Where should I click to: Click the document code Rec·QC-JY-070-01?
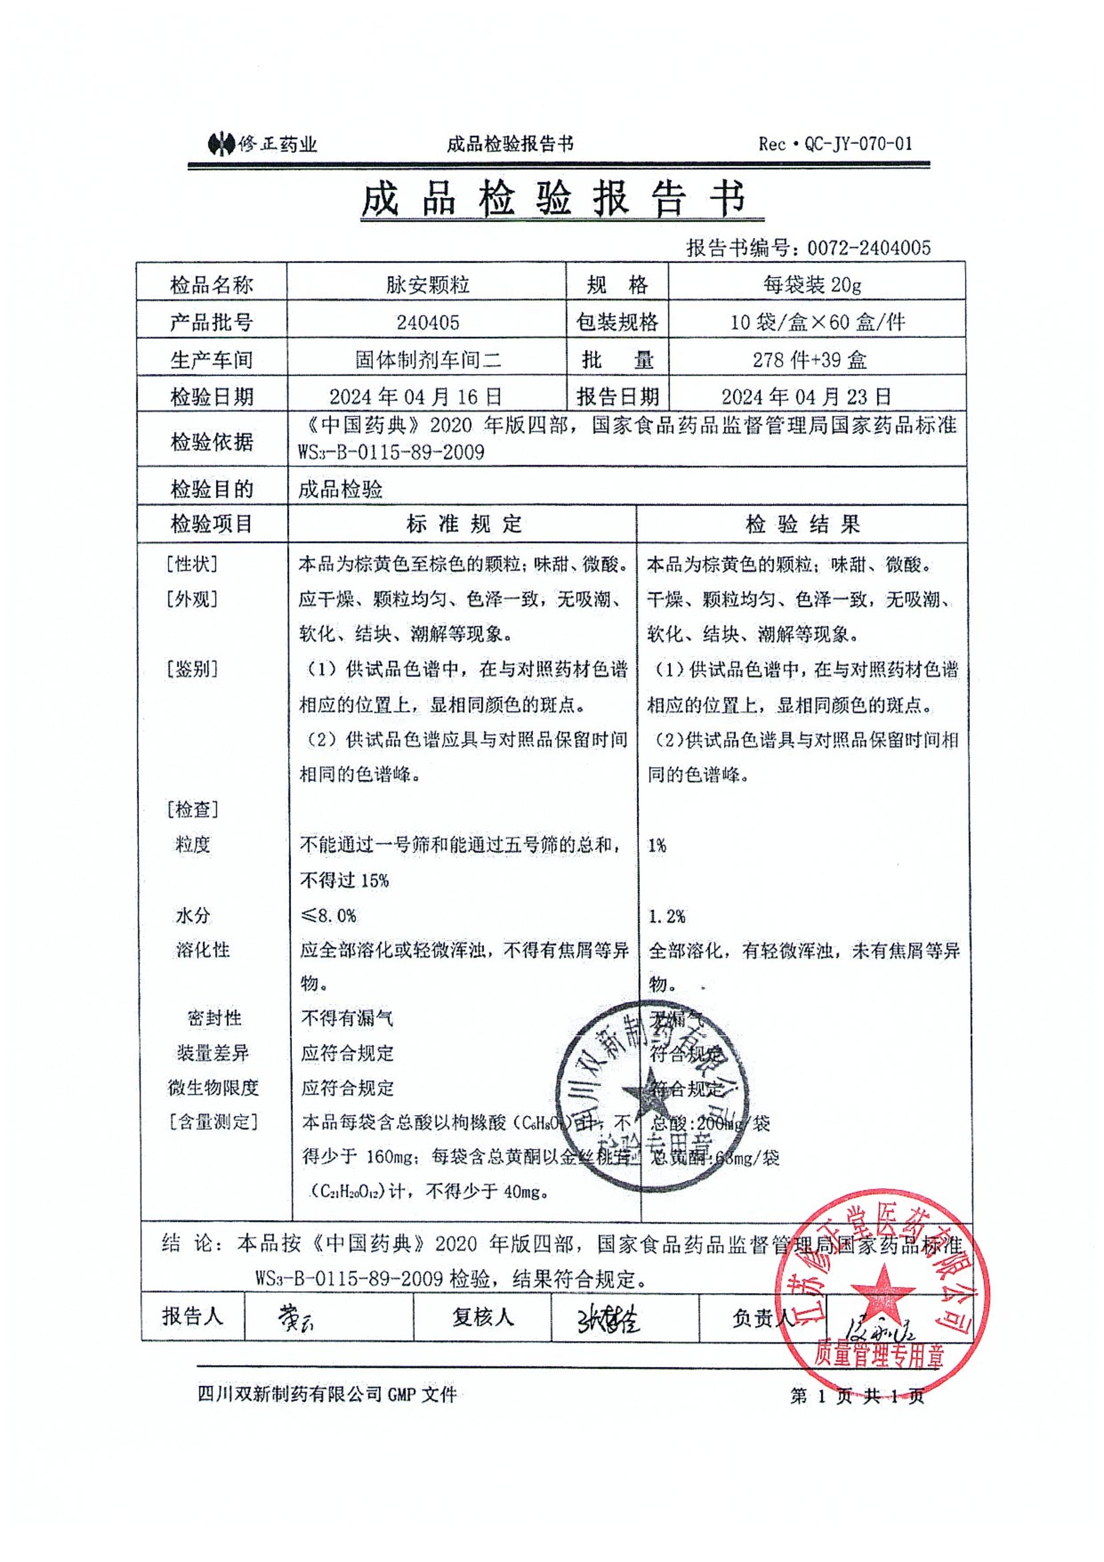835,143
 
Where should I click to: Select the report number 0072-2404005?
869,248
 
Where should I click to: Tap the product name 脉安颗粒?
427,285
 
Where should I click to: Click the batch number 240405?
427,322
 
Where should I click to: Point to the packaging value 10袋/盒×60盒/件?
817,322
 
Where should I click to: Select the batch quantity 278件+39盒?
809,359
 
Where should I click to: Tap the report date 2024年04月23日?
806,396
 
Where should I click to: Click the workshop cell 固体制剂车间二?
428,359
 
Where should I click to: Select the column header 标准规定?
464,524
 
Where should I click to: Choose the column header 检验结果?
803,524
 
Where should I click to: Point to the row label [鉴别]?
192,669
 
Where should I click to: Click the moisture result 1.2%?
666,916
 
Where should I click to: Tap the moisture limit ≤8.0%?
329,916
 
